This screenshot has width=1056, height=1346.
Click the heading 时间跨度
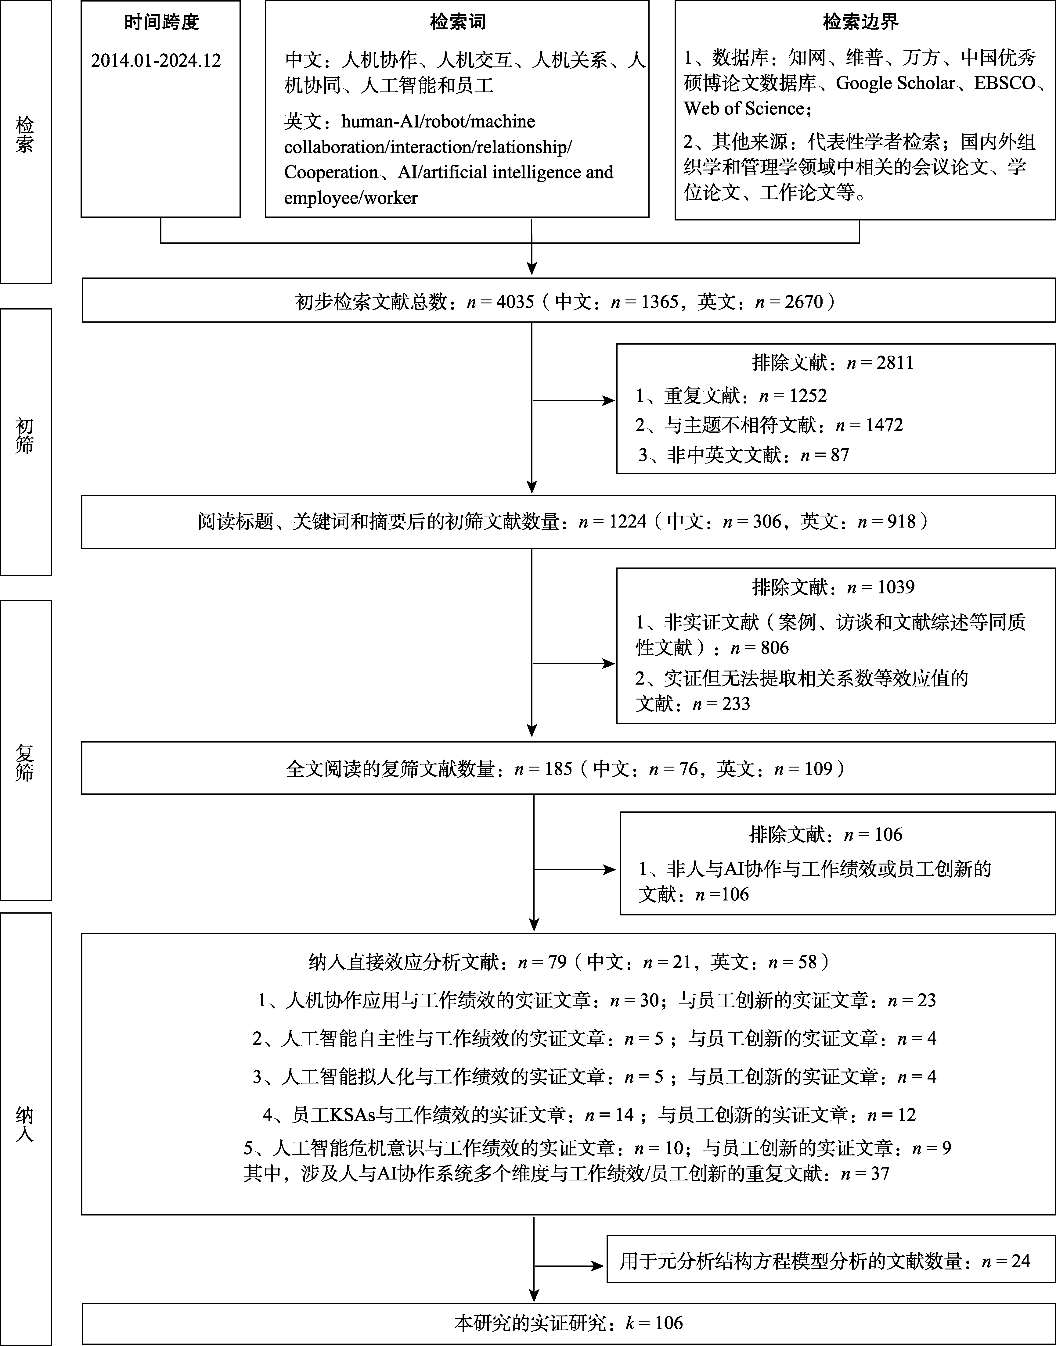click(x=161, y=23)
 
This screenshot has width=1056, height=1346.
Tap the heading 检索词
click(x=457, y=23)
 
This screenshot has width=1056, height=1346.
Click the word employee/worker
click(x=351, y=198)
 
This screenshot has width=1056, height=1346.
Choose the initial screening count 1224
click(x=628, y=521)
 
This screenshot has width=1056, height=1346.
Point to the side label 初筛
click(x=25, y=436)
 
